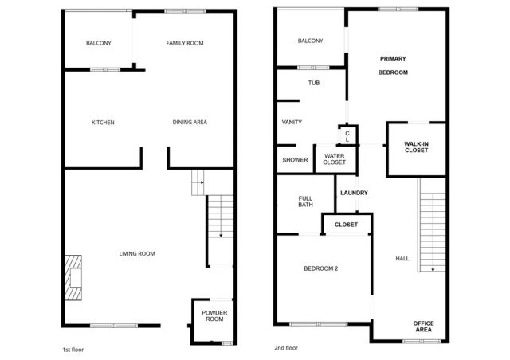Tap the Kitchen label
(103, 123)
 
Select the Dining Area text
(190, 123)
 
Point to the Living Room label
(136, 254)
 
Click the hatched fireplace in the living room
(74, 276)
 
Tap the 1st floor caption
(73, 350)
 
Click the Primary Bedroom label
(393, 65)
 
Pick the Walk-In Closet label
(416, 146)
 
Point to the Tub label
(313, 82)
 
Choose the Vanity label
(292, 122)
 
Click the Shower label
(295, 160)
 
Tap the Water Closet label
(335, 159)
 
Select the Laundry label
(353, 193)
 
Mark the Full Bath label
(305, 202)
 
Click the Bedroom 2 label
(321, 268)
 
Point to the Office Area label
(423, 326)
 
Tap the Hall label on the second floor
(402, 259)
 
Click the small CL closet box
(347, 136)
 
